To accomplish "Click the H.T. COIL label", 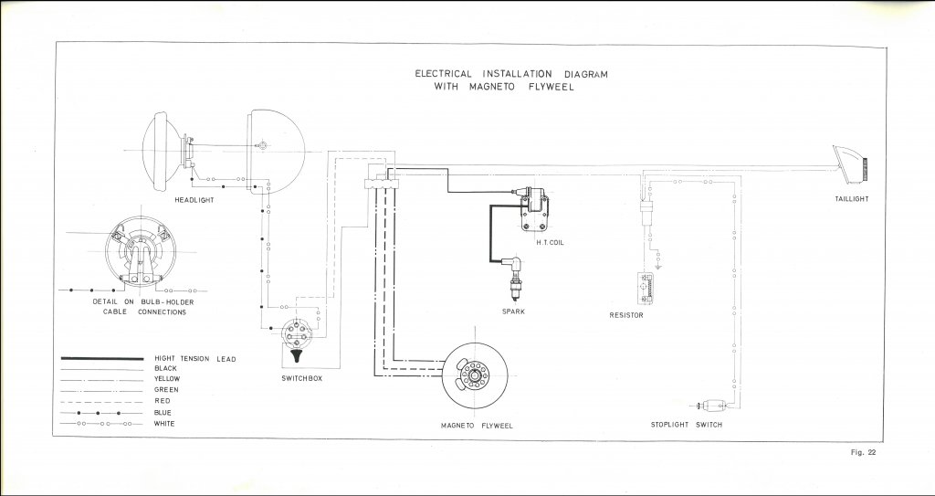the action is pyautogui.click(x=549, y=243).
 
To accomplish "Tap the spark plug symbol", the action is pyautogui.click(x=513, y=278).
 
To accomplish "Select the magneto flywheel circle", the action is pyautogui.click(x=475, y=375).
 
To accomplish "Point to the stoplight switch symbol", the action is pyautogui.click(x=712, y=406).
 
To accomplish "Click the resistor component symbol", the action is pyautogui.click(x=645, y=289).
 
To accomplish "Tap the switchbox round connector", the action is pyautogui.click(x=297, y=334).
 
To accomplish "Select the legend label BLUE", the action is pyautogui.click(x=163, y=413).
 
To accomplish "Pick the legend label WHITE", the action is pyautogui.click(x=164, y=424).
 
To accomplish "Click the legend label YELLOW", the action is pyautogui.click(x=167, y=379).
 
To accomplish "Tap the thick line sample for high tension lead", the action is pyautogui.click(x=102, y=359).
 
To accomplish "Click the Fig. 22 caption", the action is pyautogui.click(x=863, y=452).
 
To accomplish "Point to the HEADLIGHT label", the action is pyautogui.click(x=194, y=200).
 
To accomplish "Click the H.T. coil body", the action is pyautogui.click(x=533, y=209).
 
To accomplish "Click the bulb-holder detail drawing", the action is pyautogui.click(x=140, y=251).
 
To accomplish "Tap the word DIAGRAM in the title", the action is pyautogui.click(x=585, y=74).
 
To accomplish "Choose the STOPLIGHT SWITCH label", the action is pyautogui.click(x=686, y=425).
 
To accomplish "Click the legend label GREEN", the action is pyautogui.click(x=166, y=390).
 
